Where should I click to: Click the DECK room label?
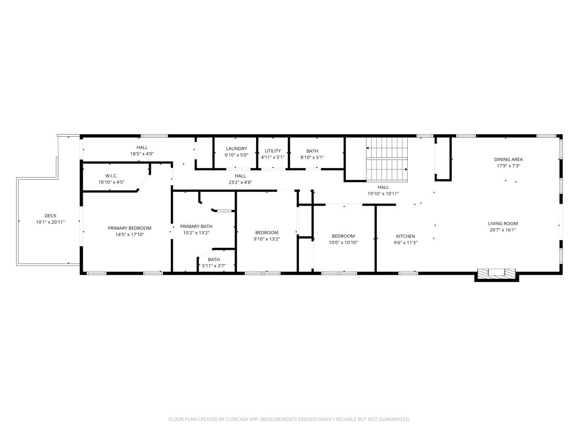click(50, 215)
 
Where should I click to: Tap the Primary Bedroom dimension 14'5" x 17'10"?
click(129, 235)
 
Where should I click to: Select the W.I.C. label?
click(111, 176)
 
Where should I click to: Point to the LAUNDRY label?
click(236, 149)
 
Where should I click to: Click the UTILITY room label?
click(273, 151)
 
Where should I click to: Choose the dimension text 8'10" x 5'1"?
click(312, 158)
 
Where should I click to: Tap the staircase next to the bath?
click(387, 160)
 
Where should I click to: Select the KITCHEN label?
click(405, 236)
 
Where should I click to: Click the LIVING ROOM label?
click(503, 223)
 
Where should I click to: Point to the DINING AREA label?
click(508, 160)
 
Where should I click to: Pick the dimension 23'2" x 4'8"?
click(240, 182)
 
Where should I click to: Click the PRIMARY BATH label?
click(196, 226)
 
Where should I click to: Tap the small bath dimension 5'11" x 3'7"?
click(214, 266)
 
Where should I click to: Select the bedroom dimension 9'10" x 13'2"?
click(267, 239)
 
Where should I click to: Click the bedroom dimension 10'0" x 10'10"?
click(343, 243)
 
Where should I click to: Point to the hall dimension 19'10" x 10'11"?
click(383, 194)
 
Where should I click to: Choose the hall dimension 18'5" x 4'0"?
click(142, 154)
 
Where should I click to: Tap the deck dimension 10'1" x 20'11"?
click(50, 222)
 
